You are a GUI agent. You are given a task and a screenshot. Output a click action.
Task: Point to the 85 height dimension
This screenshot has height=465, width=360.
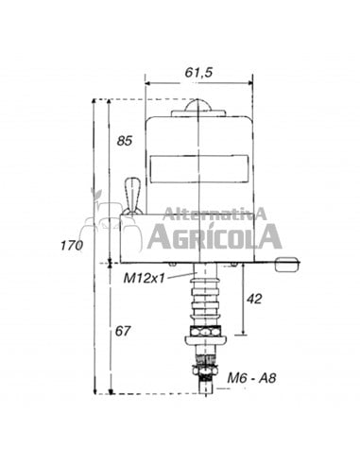[124, 142]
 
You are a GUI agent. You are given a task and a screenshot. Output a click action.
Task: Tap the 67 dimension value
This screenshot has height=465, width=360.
[123, 331]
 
